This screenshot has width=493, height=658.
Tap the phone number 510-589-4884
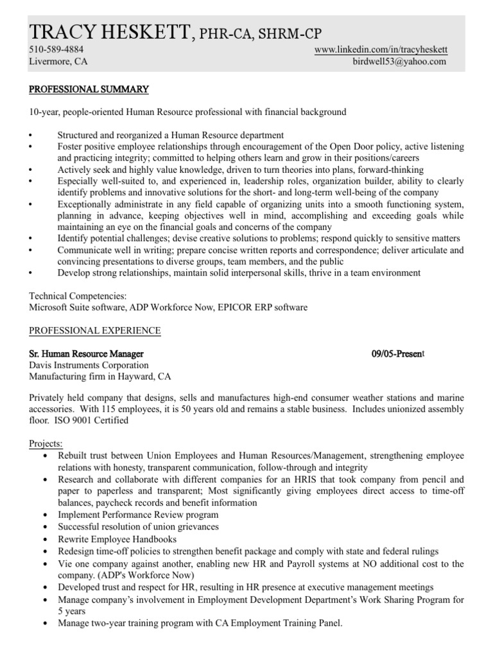click(56, 49)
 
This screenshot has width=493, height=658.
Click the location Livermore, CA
click(58, 62)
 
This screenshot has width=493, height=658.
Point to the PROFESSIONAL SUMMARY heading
click(89, 89)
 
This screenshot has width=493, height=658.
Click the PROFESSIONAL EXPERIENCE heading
click(95, 331)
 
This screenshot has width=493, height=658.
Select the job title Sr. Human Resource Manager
click(87, 354)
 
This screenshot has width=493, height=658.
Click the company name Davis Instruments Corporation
click(89, 366)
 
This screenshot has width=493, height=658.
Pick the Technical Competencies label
click(78, 296)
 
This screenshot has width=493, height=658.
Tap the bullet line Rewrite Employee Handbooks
click(117, 539)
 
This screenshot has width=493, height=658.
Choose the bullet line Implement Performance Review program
click(138, 515)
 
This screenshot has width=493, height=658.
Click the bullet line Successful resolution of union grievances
click(138, 527)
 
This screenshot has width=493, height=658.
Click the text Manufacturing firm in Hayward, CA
click(101, 377)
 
